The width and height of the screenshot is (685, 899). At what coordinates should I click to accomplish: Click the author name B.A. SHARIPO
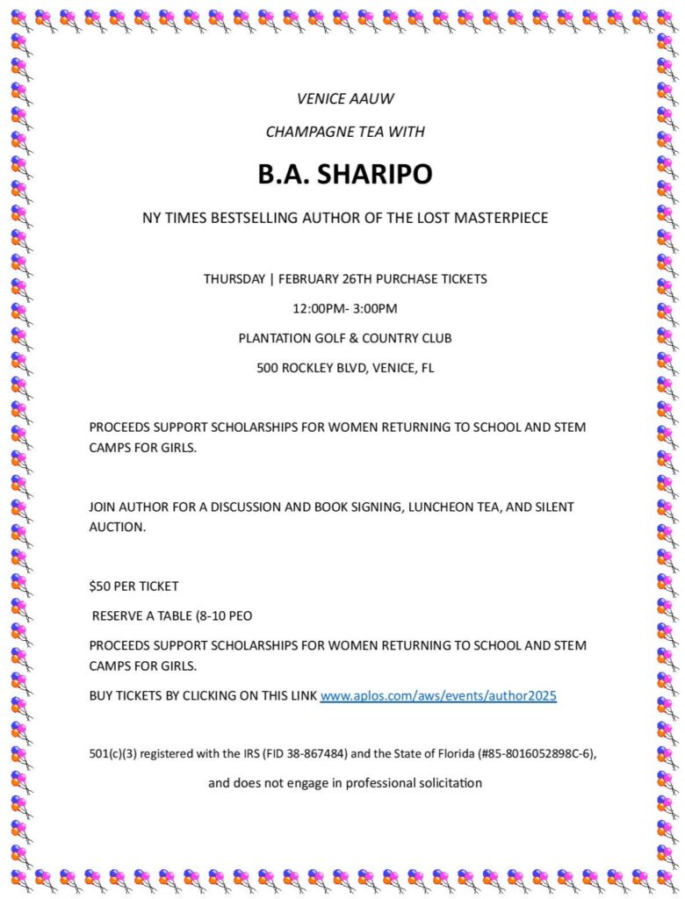344,174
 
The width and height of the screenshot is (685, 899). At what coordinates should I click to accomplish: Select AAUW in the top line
371,98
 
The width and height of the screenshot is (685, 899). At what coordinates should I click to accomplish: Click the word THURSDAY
234,279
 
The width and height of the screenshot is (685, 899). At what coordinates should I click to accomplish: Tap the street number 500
267,368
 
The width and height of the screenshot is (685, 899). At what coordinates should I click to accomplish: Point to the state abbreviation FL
427,368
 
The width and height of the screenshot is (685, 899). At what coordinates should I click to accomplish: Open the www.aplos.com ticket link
438,696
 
